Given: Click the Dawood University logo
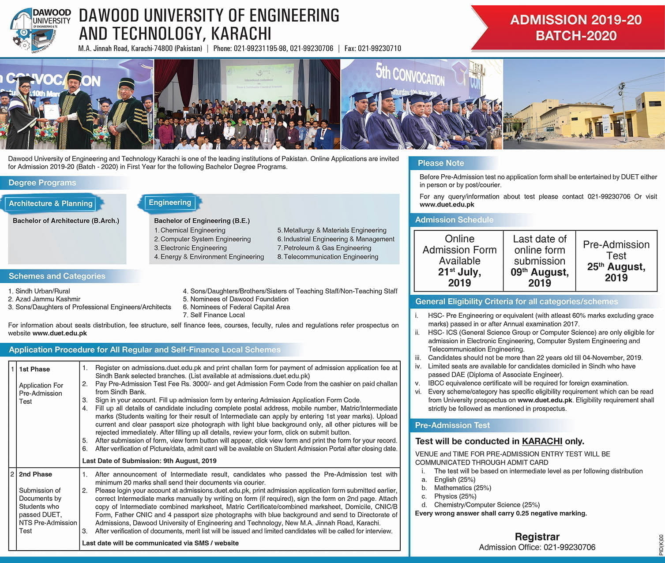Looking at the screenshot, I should click(40, 30).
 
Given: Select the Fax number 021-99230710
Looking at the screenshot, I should click(372, 49).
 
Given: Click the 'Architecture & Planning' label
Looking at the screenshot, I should click(51, 203).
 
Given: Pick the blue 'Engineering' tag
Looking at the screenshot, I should click(170, 203).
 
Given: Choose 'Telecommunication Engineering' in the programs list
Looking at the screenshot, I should click(331, 257).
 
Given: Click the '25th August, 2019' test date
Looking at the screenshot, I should click(616, 272).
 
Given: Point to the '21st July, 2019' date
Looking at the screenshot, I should click(459, 278).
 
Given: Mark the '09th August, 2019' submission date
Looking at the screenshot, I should click(539, 278).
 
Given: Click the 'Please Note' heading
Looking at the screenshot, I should click(441, 163).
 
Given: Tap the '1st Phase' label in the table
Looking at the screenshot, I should click(34, 369).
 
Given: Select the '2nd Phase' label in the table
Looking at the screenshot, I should click(35, 474).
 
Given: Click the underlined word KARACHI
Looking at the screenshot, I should click(542, 441).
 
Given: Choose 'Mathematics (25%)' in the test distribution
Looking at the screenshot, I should click(462, 488).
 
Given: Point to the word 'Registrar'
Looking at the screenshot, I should click(537, 537).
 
